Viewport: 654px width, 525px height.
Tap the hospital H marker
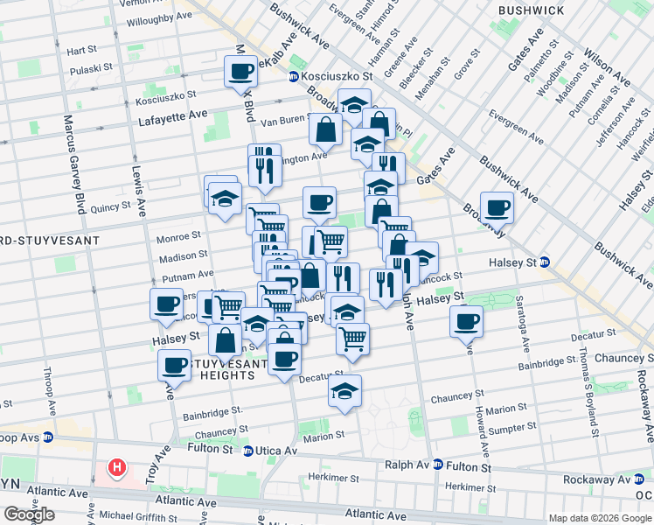tap(115, 469)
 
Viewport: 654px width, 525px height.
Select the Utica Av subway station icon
tap(249, 451)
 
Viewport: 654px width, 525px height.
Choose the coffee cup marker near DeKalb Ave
tap(240, 72)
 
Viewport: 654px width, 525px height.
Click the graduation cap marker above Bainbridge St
tap(344, 391)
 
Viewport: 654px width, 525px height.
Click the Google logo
tap(29, 514)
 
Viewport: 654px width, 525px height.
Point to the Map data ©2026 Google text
tap(599, 518)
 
